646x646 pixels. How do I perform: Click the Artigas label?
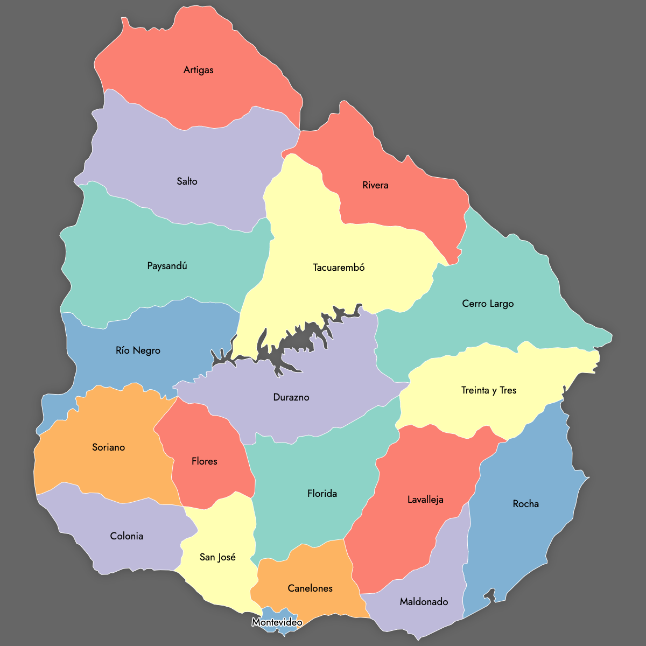coord(198,70)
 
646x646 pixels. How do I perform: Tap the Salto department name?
coord(187,181)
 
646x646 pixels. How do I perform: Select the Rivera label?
coord(375,185)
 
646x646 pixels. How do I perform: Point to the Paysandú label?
coord(167,266)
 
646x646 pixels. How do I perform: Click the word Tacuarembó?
coord(339,268)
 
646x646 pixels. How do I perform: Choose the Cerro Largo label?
coord(488,304)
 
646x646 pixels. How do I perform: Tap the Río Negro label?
coord(138,350)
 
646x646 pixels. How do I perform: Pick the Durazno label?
coord(291,397)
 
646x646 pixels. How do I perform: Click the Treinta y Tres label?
coord(489,390)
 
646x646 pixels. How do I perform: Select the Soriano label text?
coord(108,447)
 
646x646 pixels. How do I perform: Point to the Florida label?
coord(322,494)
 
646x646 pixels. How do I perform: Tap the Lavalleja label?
coord(425,500)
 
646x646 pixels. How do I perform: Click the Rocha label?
coord(525,504)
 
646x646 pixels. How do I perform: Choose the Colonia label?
coord(127,536)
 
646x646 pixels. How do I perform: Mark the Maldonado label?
coord(424,602)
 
